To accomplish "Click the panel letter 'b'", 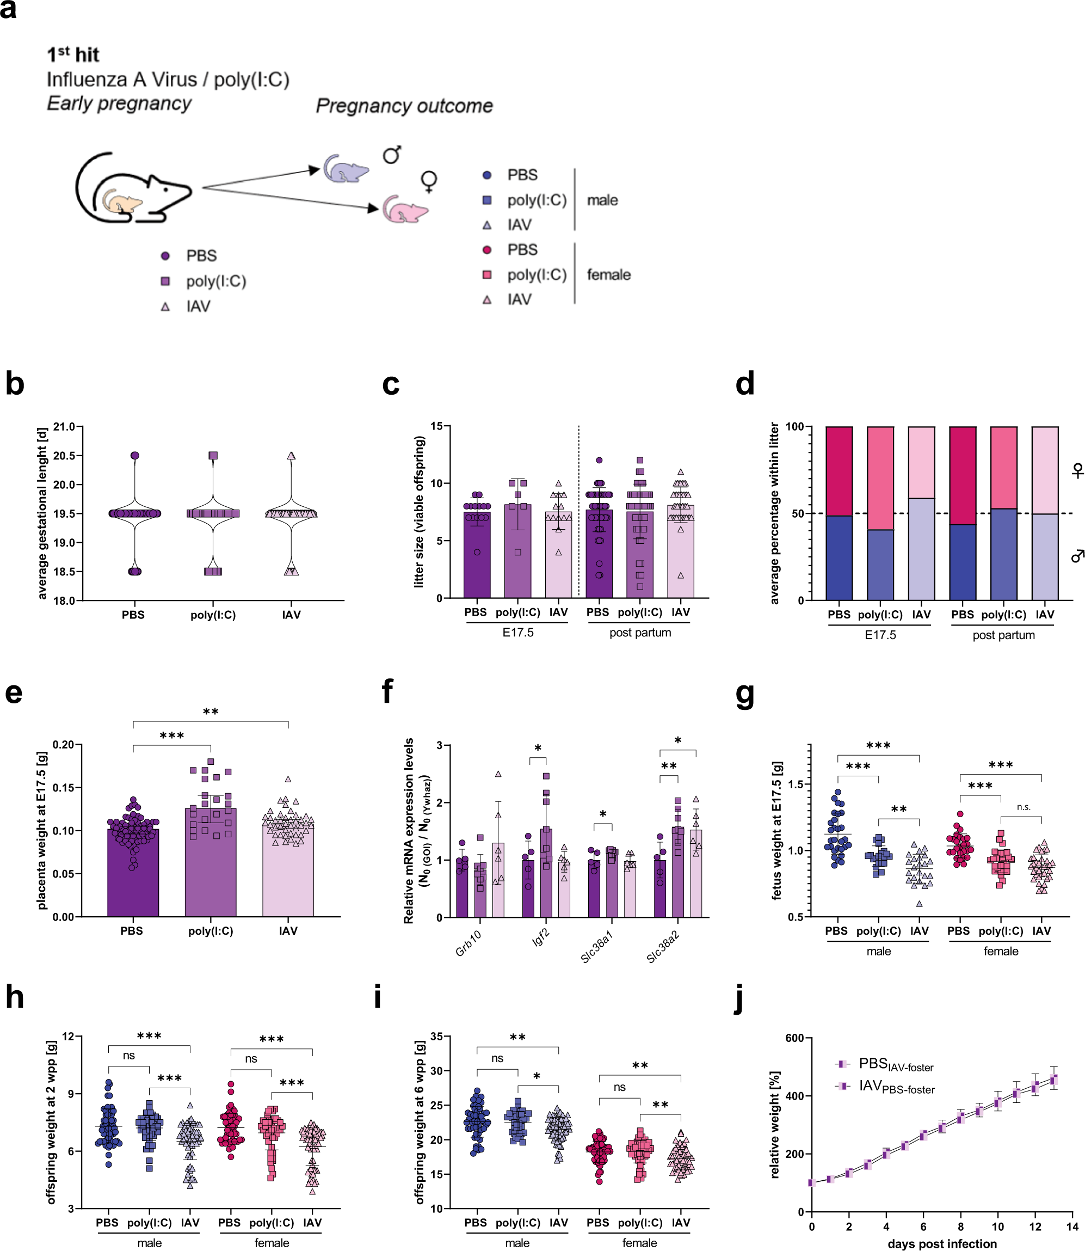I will (15, 384).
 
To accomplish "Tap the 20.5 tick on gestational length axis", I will (64, 456).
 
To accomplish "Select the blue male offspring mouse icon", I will (345, 169).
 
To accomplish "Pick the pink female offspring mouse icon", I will (404, 210).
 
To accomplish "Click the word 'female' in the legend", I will (608, 275).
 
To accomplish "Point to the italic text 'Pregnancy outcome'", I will (404, 106).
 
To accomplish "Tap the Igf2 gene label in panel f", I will (541, 939).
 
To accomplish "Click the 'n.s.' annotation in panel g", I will (1024, 807).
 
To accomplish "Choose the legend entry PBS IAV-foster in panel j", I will (896, 1064).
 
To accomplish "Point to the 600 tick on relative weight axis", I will (794, 1038).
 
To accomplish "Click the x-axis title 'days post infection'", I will (942, 1244).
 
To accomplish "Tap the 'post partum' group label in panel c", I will (640, 633).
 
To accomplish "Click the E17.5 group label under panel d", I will (880, 635).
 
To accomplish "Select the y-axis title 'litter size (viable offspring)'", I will (418, 512).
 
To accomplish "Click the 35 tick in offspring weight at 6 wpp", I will (436, 1037).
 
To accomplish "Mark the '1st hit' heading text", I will (73, 55).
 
